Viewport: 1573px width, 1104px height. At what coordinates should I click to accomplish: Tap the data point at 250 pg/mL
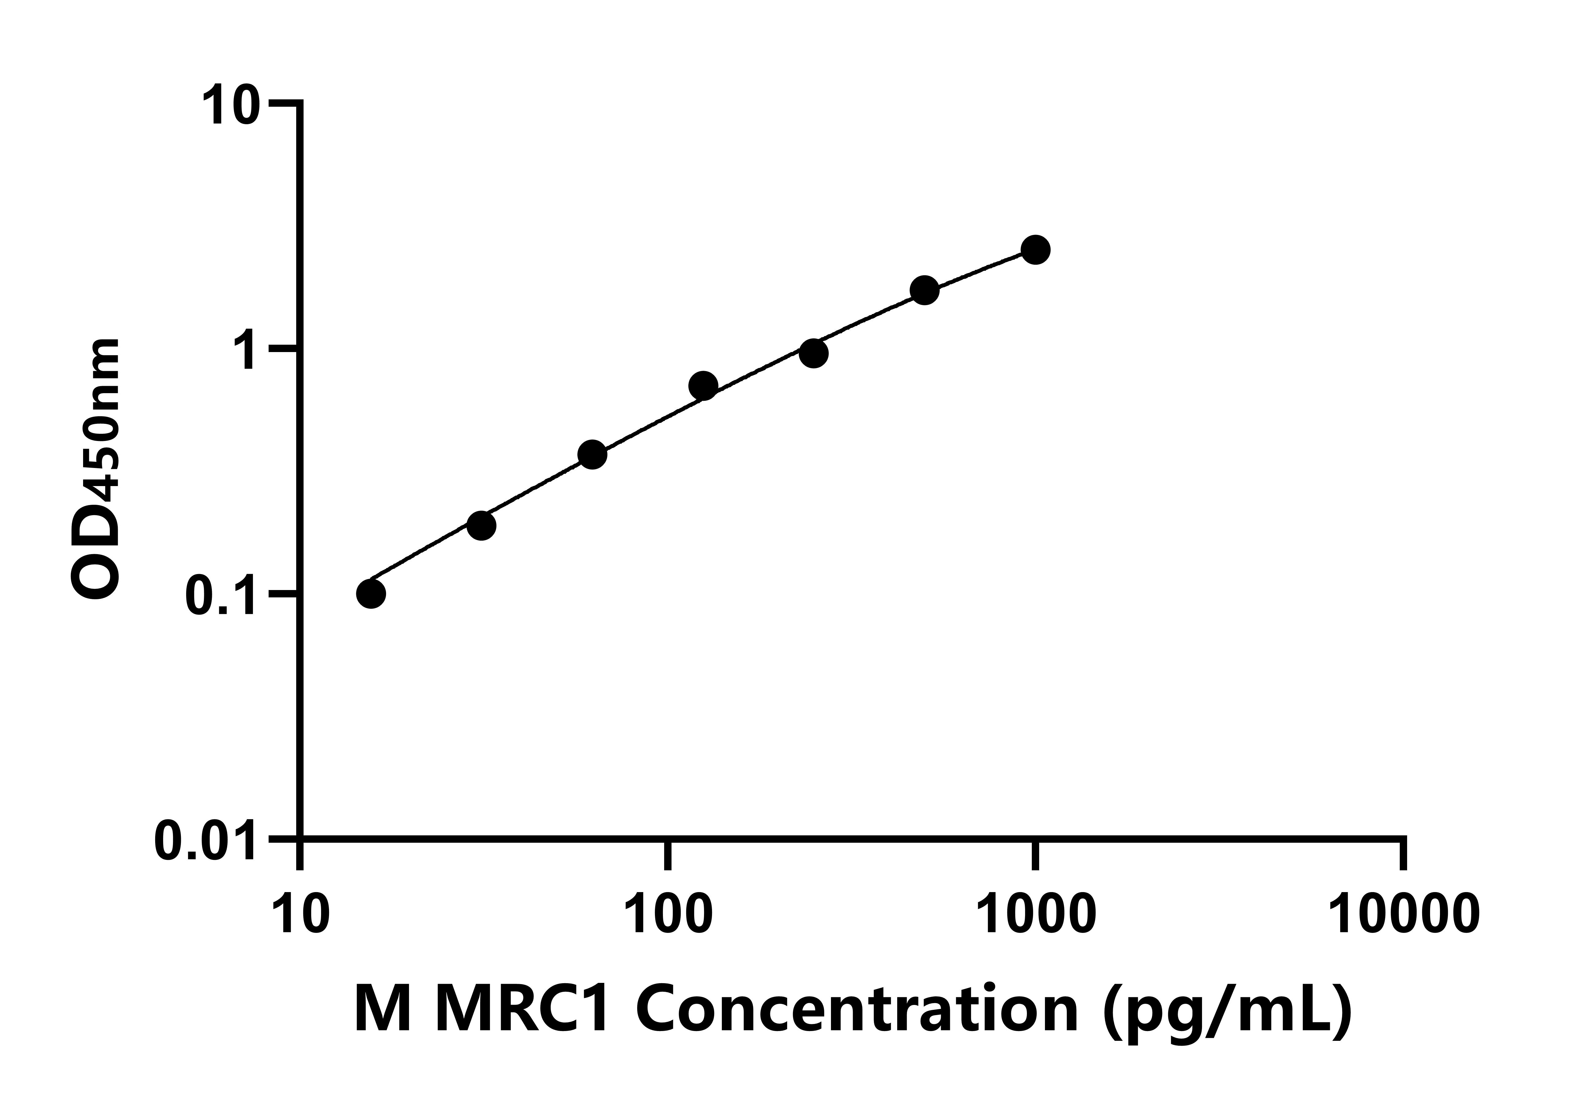813,354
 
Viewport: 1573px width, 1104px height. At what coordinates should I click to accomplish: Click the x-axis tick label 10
301,915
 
